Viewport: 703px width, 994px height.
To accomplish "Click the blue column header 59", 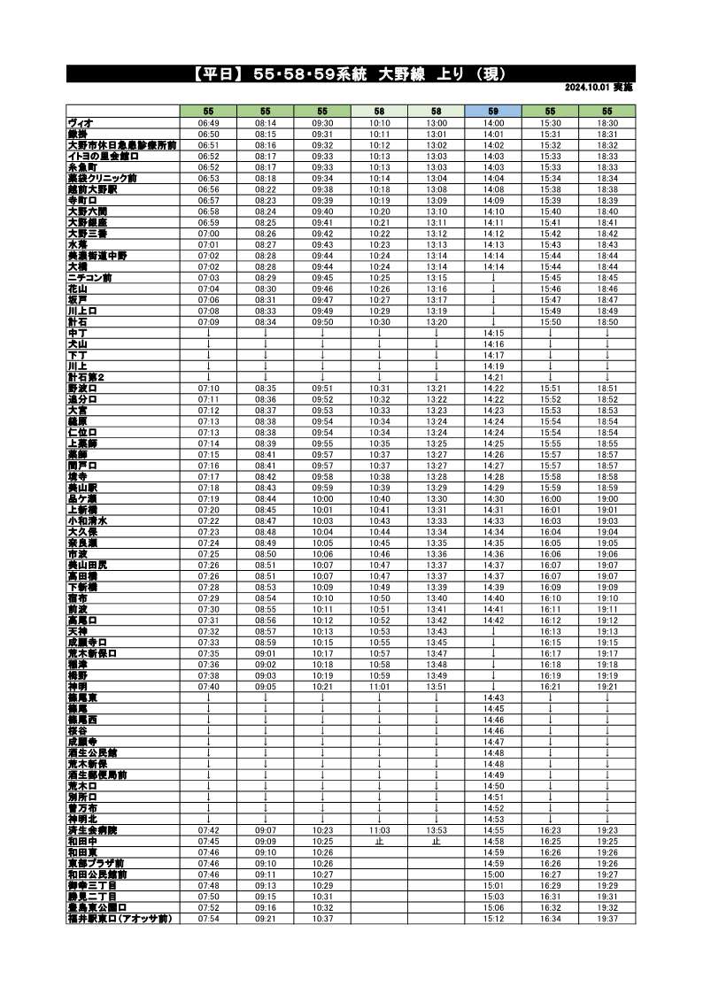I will (493, 111).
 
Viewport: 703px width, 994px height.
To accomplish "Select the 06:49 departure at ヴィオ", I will (209, 122).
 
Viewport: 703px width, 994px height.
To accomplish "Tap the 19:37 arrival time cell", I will (607, 919).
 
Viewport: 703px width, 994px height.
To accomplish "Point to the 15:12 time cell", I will (493, 919).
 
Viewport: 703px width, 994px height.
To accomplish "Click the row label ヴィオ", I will (81, 122).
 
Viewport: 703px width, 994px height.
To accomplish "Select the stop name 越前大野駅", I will (92, 189).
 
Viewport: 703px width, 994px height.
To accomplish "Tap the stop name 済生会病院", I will (92, 830).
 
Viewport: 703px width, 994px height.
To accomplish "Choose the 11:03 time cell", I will (380, 830).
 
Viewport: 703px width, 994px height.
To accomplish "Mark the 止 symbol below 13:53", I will (436, 842).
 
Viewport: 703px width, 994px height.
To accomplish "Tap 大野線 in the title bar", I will (403, 73).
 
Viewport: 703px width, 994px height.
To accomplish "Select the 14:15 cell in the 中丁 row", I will (493, 333).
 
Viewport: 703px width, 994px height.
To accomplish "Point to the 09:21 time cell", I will (266, 919).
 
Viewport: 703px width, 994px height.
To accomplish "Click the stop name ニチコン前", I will (88, 277).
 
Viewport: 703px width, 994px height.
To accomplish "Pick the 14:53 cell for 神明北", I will (493, 820).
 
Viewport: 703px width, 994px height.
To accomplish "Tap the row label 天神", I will (77, 631).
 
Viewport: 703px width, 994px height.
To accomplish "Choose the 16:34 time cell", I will (550, 919).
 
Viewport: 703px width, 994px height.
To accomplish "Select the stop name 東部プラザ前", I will (96, 863).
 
